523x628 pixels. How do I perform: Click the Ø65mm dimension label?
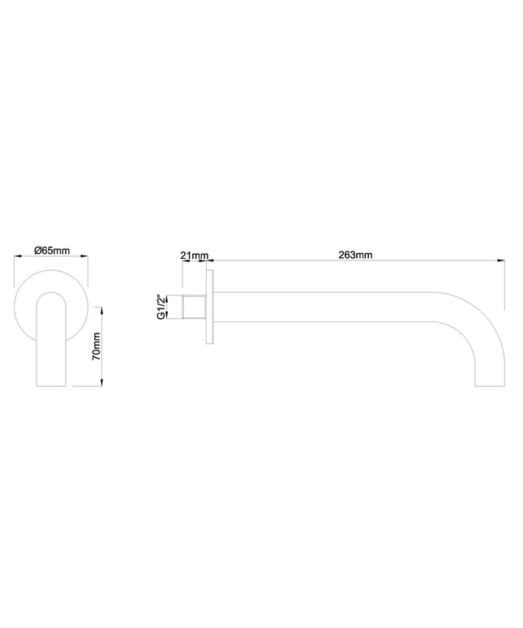tap(52, 251)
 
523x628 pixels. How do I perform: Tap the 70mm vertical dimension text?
tap(96, 346)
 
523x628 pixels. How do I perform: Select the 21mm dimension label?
tap(195, 255)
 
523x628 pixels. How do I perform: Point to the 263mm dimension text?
tap(355, 255)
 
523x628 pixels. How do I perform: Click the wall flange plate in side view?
tap(209, 308)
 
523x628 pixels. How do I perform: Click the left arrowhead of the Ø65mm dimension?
tap(17, 256)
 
